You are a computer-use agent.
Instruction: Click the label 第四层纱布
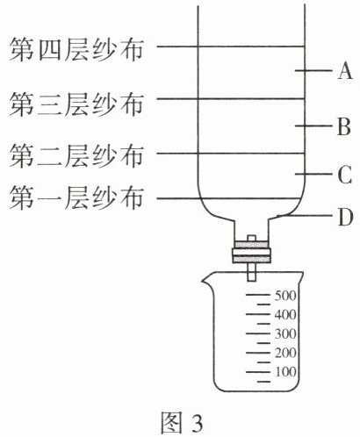pyautogui.click(x=76, y=50)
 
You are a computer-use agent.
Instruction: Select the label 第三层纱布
pyautogui.click(x=76, y=104)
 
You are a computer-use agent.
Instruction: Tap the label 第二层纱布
pyautogui.click(x=76, y=156)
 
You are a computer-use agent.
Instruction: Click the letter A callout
pyautogui.click(x=345, y=70)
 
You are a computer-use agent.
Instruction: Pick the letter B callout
pyautogui.click(x=344, y=126)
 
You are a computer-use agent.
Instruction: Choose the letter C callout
pyautogui.click(x=344, y=175)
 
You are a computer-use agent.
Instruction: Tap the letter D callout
pyautogui.click(x=346, y=218)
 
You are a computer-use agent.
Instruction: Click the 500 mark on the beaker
pyautogui.click(x=285, y=296)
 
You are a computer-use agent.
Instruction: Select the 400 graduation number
pyautogui.click(x=285, y=315)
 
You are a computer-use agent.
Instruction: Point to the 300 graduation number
pyautogui.click(x=285, y=333)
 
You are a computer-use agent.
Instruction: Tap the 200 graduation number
pyautogui.click(x=285, y=353)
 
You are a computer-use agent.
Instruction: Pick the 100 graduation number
pyautogui.click(x=285, y=372)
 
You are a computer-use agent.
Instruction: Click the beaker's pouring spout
pyautogui.click(x=205, y=280)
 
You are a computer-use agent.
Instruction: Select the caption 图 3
pyautogui.click(x=182, y=422)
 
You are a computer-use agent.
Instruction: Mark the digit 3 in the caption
pyautogui.click(x=197, y=423)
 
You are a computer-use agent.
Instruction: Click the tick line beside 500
pyautogui.click(x=257, y=295)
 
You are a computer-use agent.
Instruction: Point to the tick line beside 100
pyautogui.click(x=257, y=372)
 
